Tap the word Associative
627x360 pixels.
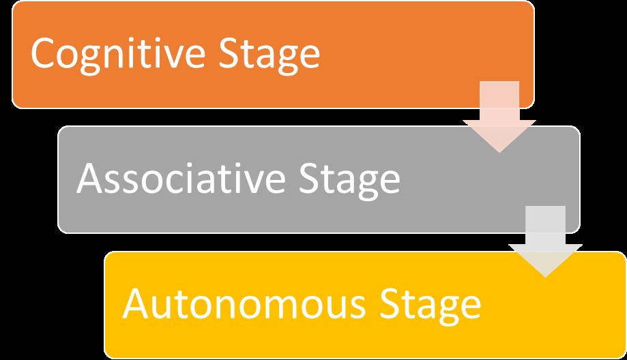180,179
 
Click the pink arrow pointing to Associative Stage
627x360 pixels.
499,112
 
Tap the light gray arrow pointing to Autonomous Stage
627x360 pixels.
545,239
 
